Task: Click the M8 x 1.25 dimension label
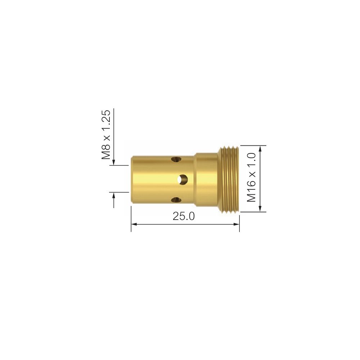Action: click(106, 135)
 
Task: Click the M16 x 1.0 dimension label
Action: click(251, 177)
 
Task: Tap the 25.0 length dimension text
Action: click(184, 216)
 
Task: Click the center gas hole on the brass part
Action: click(183, 179)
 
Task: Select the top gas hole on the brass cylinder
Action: click(176, 159)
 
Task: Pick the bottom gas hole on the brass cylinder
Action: click(176, 200)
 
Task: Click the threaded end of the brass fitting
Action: click(229, 179)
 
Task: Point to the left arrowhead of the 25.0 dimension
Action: click(134, 224)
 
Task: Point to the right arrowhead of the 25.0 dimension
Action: click(237, 224)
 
